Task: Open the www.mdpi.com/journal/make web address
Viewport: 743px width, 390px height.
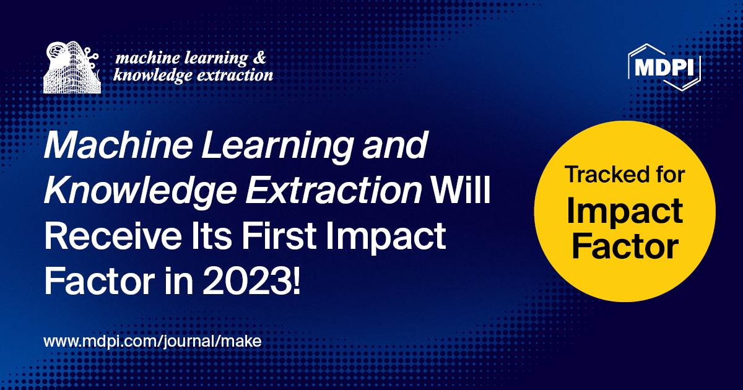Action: (153, 341)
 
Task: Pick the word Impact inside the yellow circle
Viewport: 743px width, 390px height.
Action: (625, 210)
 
